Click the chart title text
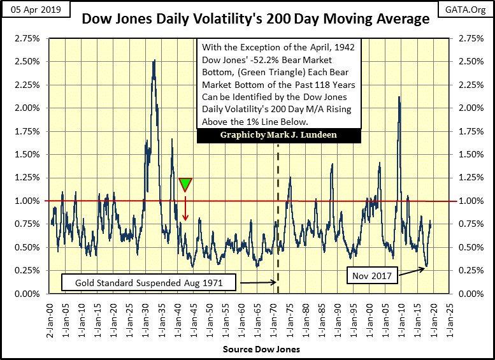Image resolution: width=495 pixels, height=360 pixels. tap(255, 19)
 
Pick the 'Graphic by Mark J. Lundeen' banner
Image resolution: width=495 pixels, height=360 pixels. tap(279, 136)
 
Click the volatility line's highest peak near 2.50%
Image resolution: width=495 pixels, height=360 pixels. tap(154, 61)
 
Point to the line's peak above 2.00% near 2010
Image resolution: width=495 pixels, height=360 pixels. tap(399, 97)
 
